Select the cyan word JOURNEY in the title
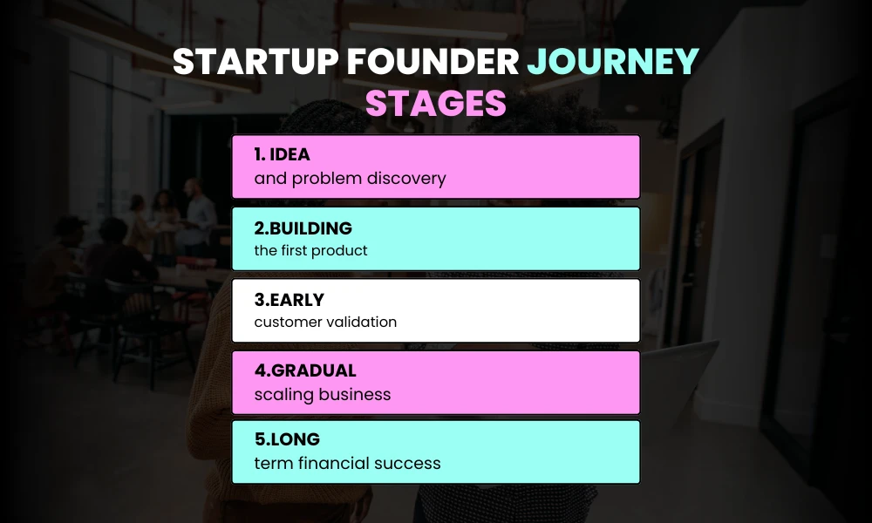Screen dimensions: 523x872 click(614, 62)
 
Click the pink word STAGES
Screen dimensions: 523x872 click(435, 103)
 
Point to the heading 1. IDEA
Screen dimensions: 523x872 click(282, 155)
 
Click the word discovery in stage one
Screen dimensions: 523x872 click(406, 179)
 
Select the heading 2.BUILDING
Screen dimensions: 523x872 click(303, 228)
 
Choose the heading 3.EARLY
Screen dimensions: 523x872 click(289, 300)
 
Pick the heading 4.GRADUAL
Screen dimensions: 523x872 click(304, 371)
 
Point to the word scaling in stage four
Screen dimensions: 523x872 click(283, 395)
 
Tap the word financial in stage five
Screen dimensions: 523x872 click(334, 464)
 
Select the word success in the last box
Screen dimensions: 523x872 click(408, 464)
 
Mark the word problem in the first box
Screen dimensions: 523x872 click(323, 179)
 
